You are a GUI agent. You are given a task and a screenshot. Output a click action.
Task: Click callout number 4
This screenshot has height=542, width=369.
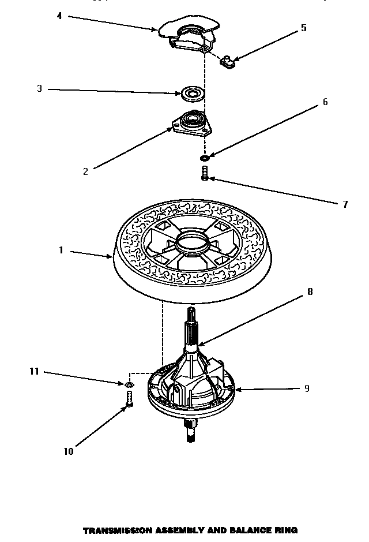(x=59, y=16)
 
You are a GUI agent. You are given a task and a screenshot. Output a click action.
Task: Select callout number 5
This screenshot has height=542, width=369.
(x=303, y=28)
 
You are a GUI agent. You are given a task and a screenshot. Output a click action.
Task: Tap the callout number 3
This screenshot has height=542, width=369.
(x=39, y=89)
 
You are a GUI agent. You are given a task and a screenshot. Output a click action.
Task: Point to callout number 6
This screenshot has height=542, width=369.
(x=325, y=102)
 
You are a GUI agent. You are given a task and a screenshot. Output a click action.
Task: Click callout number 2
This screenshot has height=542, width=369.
(x=85, y=171)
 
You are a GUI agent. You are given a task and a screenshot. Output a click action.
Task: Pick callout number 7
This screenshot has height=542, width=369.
(x=345, y=204)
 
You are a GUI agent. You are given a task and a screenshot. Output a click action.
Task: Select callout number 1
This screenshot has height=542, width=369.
(x=60, y=251)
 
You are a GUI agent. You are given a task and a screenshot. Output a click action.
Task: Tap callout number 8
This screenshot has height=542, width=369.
(x=310, y=292)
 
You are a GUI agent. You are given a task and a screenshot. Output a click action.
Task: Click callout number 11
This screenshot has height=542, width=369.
(x=34, y=372)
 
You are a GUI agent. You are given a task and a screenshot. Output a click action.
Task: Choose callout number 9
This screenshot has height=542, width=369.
(x=306, y=388)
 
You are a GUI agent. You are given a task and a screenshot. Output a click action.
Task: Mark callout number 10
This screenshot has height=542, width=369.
(x=68, y=451)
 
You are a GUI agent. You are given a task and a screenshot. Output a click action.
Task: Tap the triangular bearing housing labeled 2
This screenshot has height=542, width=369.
(x=191, y=124)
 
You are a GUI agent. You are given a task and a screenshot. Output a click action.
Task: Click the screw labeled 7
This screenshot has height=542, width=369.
(x=204, y=172)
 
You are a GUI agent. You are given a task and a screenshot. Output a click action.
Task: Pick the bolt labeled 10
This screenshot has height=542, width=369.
(x=129, y=399)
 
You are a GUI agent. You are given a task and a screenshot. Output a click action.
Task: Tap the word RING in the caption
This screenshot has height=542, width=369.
(x=285, y=530)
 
